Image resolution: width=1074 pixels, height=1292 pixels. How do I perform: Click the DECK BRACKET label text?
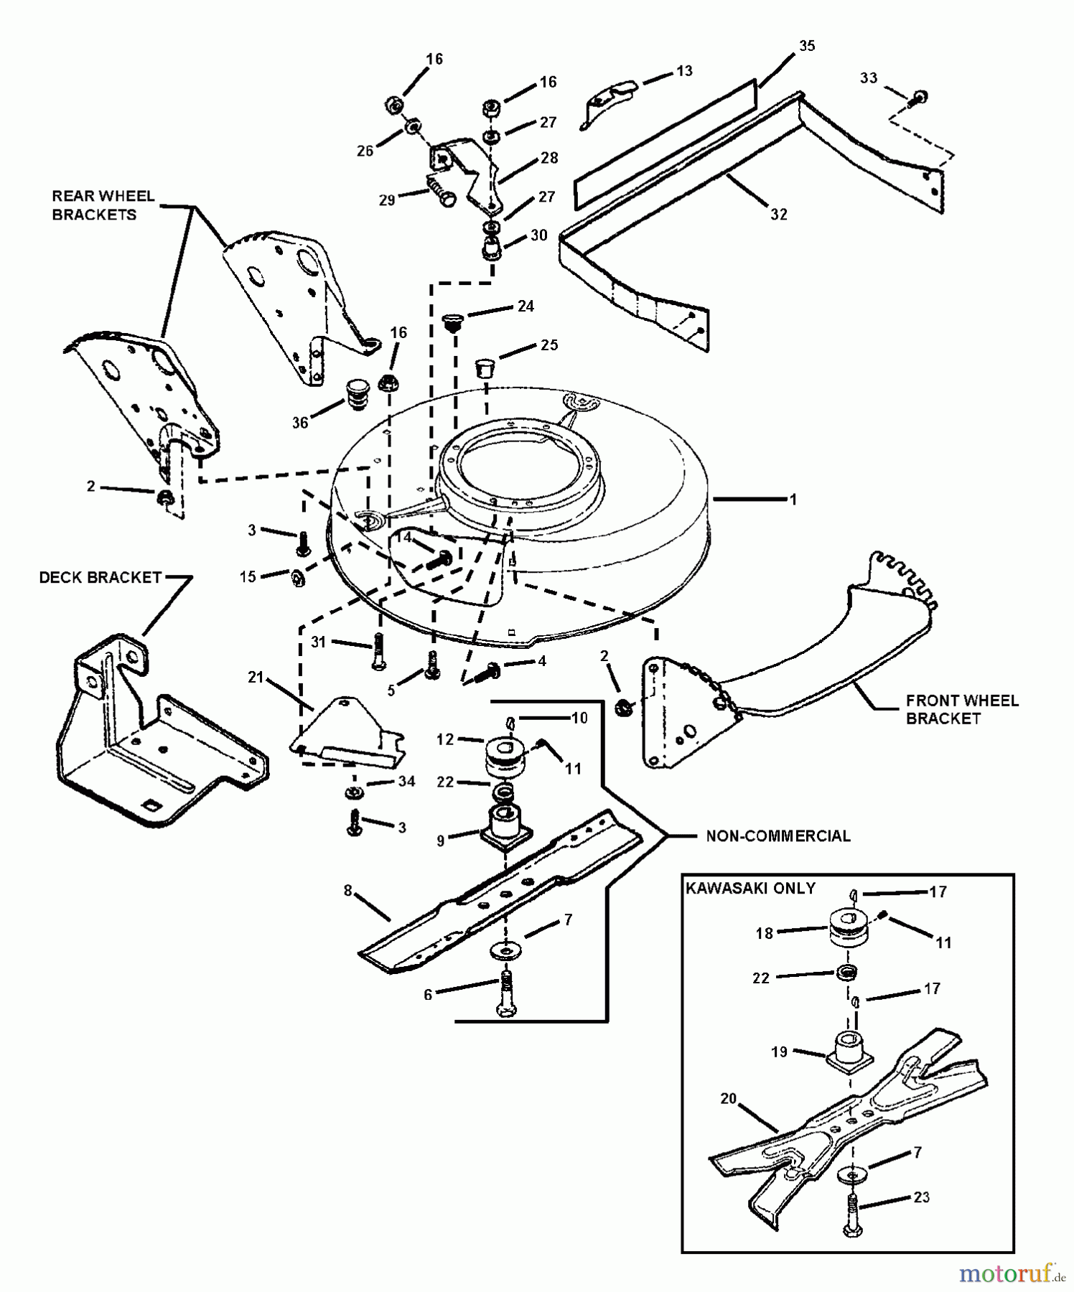click(x=100, y=578)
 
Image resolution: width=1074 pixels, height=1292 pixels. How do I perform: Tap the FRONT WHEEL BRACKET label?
click(x=962, y=709)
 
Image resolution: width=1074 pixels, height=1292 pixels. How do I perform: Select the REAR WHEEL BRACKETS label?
click(x=103, y=205)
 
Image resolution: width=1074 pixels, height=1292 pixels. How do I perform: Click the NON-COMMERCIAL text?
click(x=778, y=836)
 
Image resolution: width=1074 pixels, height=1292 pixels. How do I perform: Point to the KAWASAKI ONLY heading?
click(x=750, y=888)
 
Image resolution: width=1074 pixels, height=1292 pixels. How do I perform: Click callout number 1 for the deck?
click(x=793, y=500)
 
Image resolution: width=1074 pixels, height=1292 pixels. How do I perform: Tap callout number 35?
click(x=807, y=46)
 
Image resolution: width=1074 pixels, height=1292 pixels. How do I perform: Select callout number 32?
click(x=779, y=214)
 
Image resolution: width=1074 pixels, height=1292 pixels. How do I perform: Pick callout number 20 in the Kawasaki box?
click(x=729, y=1099)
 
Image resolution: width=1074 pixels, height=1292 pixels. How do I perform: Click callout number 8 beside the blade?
click(x=347, y=891)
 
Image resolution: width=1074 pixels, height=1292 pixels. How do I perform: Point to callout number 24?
click(x=526, y=306)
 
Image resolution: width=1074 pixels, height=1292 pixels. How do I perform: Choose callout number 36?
click(x=300, y=423)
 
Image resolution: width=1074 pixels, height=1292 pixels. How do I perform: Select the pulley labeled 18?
click(x=849, y=930)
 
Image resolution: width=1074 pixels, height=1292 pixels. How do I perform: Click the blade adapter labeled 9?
click(x=506, y=828)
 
